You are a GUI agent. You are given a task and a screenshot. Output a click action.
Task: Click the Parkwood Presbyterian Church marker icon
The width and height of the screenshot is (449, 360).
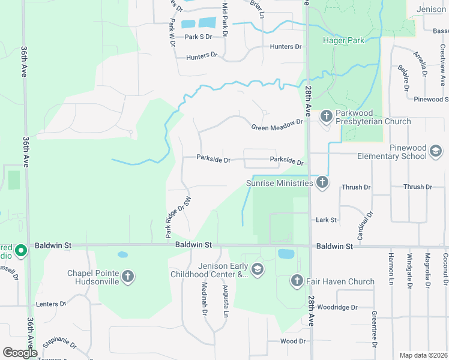click(326, 115)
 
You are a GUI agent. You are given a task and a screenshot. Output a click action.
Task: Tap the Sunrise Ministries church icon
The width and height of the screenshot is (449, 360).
click(322, 182)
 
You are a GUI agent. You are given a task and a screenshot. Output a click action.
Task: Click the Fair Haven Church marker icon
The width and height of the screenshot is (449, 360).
click(297, 281)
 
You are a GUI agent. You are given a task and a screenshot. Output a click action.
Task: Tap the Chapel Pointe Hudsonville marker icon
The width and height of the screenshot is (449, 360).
click(127, 276)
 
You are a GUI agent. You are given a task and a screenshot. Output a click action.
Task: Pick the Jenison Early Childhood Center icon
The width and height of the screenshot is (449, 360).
click(258, 268)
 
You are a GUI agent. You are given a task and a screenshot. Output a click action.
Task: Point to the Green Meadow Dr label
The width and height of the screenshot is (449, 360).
click(277, 125)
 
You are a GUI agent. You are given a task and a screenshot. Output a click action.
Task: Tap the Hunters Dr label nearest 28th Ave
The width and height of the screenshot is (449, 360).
click(285, 46)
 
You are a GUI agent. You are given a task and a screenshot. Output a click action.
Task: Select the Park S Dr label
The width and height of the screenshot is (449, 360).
click(199, 37)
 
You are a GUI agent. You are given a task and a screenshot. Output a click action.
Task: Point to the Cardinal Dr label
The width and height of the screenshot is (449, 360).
click(364, 226)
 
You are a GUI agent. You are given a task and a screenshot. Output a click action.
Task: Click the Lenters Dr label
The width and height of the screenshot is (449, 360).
click(50, 304)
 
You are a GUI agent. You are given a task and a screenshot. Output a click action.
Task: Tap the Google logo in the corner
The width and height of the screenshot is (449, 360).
click(20, 353)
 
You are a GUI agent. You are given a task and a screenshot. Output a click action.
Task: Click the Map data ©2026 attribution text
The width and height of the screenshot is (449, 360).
click(423, 355)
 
